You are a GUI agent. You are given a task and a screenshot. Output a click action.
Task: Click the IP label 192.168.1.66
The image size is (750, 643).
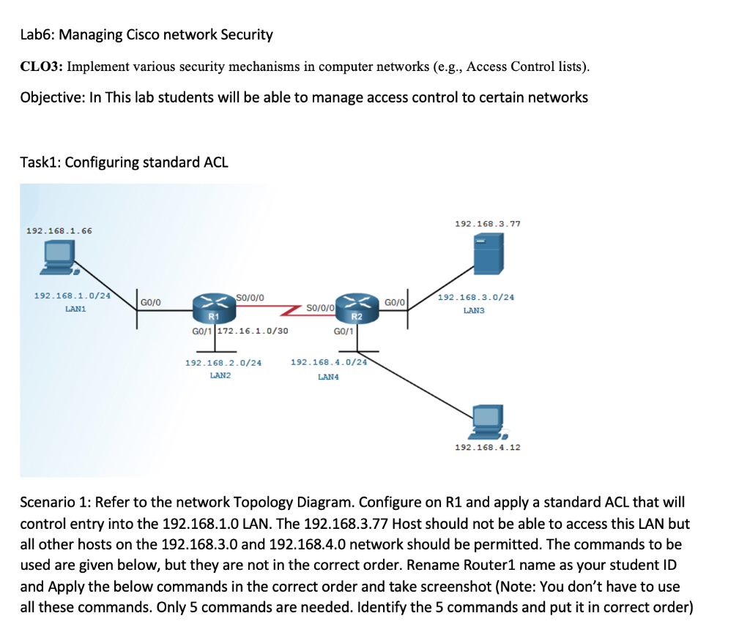[x=59, y=230]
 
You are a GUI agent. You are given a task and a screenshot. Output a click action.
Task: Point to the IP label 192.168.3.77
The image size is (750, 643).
[x=488, y=223]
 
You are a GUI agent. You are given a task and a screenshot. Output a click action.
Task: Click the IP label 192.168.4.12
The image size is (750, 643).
[x=488, y=446]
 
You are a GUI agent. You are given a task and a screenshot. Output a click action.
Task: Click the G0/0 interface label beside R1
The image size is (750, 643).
[x=151, y=301]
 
